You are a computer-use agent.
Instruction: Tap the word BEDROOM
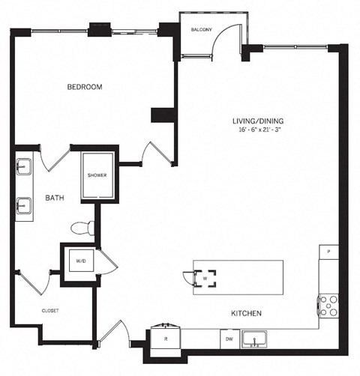point(85,87)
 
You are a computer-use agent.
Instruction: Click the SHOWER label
point(97,176)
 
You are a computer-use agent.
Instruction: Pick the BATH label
point(53,198)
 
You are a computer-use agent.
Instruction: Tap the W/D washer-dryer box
point(80,262)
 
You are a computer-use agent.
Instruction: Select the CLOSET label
point(49,309)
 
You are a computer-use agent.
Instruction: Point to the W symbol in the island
point(204,278)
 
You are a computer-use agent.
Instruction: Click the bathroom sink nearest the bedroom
point(23,166)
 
